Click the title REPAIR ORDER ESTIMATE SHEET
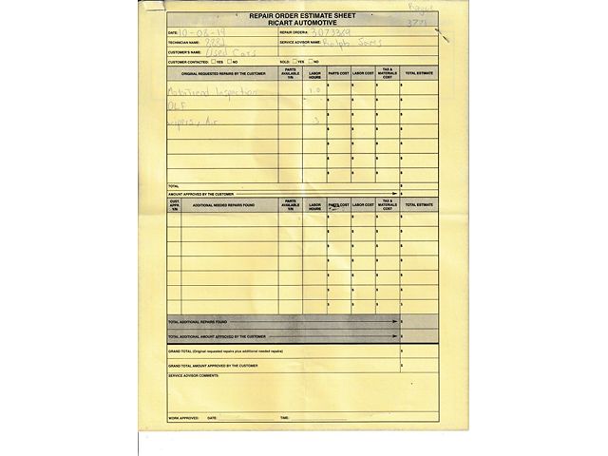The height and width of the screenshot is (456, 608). click(x=303, y=17)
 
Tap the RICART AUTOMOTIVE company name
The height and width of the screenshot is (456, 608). click(x=303, y=24)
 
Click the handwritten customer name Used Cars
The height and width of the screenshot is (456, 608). click(x=225, y=52)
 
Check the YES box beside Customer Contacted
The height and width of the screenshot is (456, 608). click(x=215, y=62)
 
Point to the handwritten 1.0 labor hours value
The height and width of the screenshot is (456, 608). click(x=315, y=91)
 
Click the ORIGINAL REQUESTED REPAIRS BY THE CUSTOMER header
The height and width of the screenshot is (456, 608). click(x=222, y=73)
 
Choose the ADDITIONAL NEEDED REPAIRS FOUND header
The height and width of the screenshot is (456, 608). click(x=223, y=204)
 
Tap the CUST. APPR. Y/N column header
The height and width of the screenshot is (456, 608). click(x=174, y=204)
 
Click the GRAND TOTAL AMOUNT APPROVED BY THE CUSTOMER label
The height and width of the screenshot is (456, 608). click(x=213, y=365)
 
